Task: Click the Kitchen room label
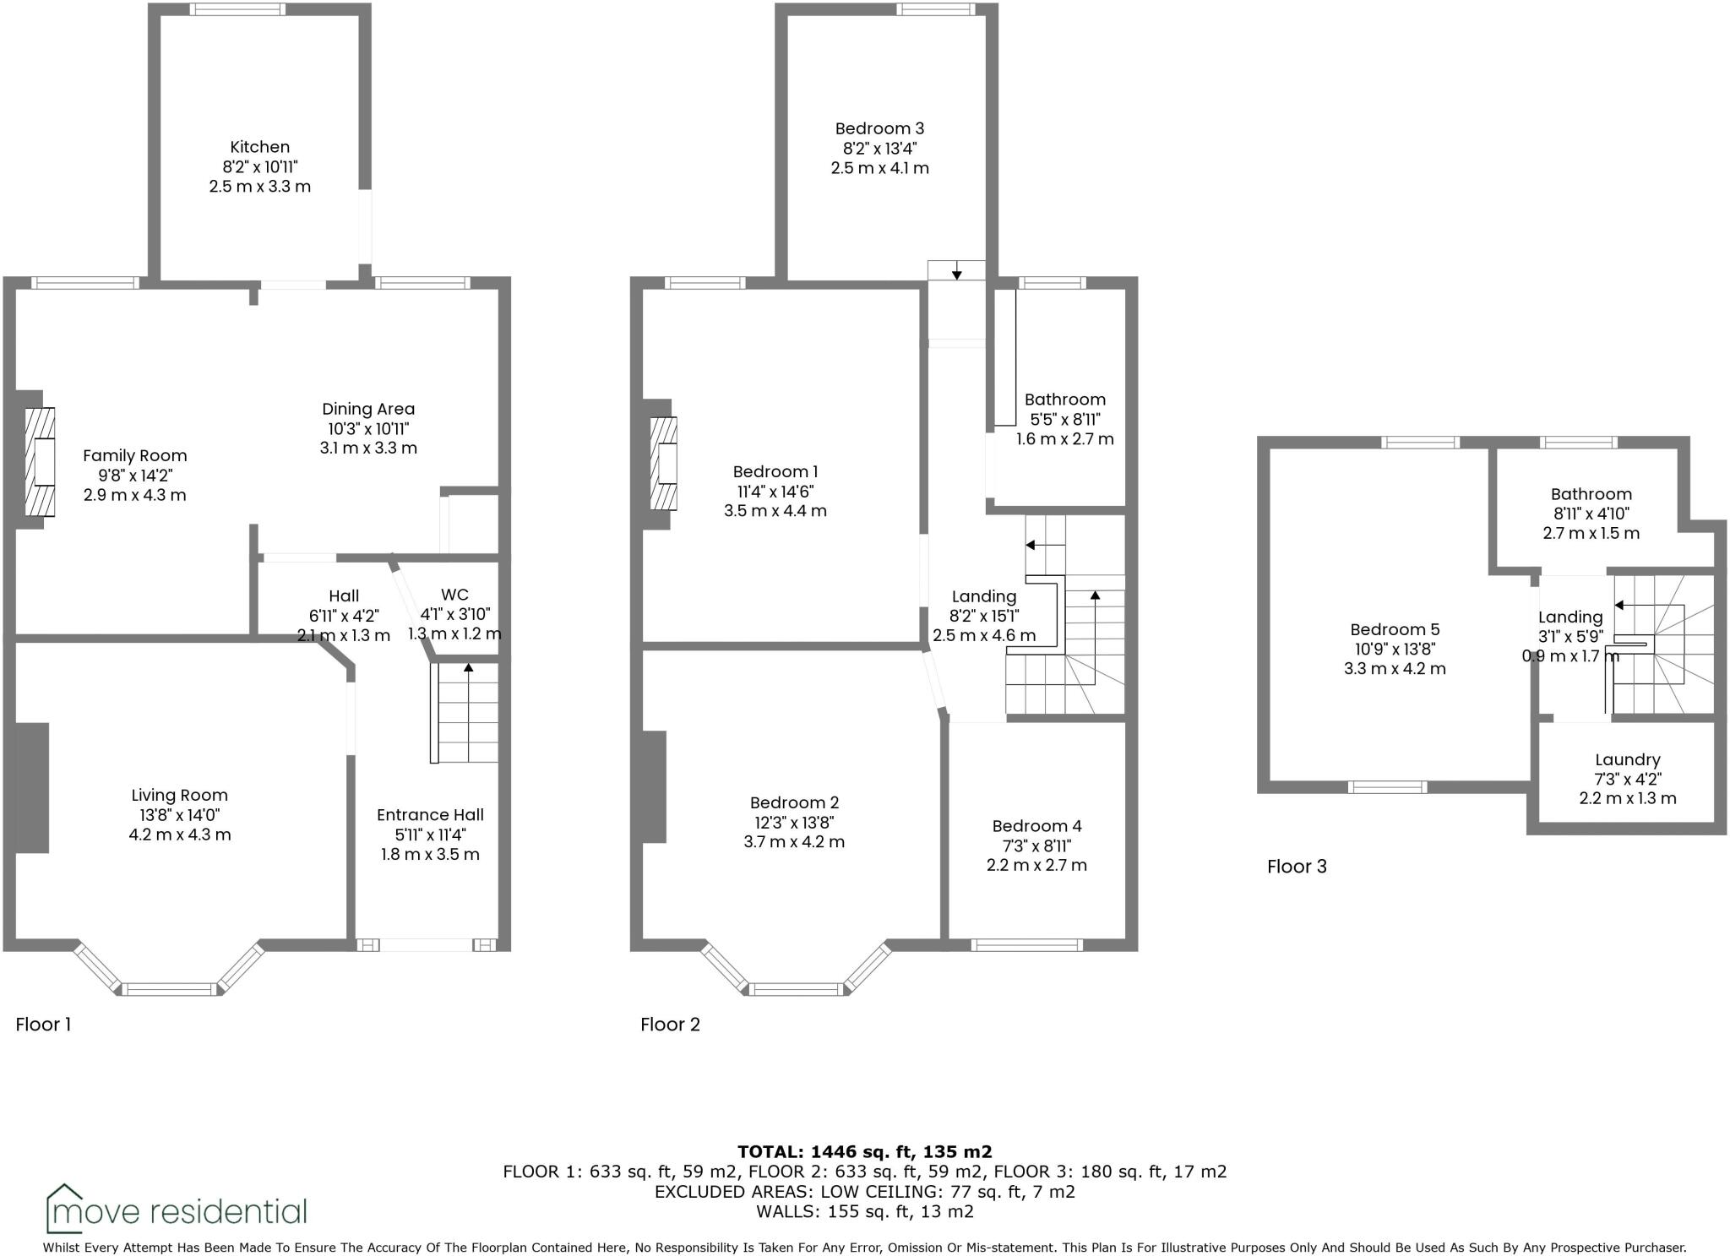pos(259,147)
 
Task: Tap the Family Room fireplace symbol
pos(40,462)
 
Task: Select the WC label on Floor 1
pos(454,595)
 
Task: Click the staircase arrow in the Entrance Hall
pos(468,669)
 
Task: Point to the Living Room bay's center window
pos(171,989)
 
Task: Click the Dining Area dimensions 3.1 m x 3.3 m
pos(368,448)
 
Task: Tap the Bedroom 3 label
pos(879,128)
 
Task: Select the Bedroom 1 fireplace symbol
pos(663,464)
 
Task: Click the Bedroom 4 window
pos(1026,944)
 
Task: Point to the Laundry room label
pos(1627,759)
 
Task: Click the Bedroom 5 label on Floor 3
pos(1395,629)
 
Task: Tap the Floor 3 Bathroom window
pos(1578,442)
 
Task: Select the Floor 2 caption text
pos(670,1025)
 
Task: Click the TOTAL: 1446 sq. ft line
pos(864,1151)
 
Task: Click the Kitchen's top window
pos(237,9)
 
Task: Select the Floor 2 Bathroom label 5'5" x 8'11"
pos(1064,419)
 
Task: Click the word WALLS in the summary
pos(782,1212)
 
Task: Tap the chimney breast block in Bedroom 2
pos(655,786)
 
